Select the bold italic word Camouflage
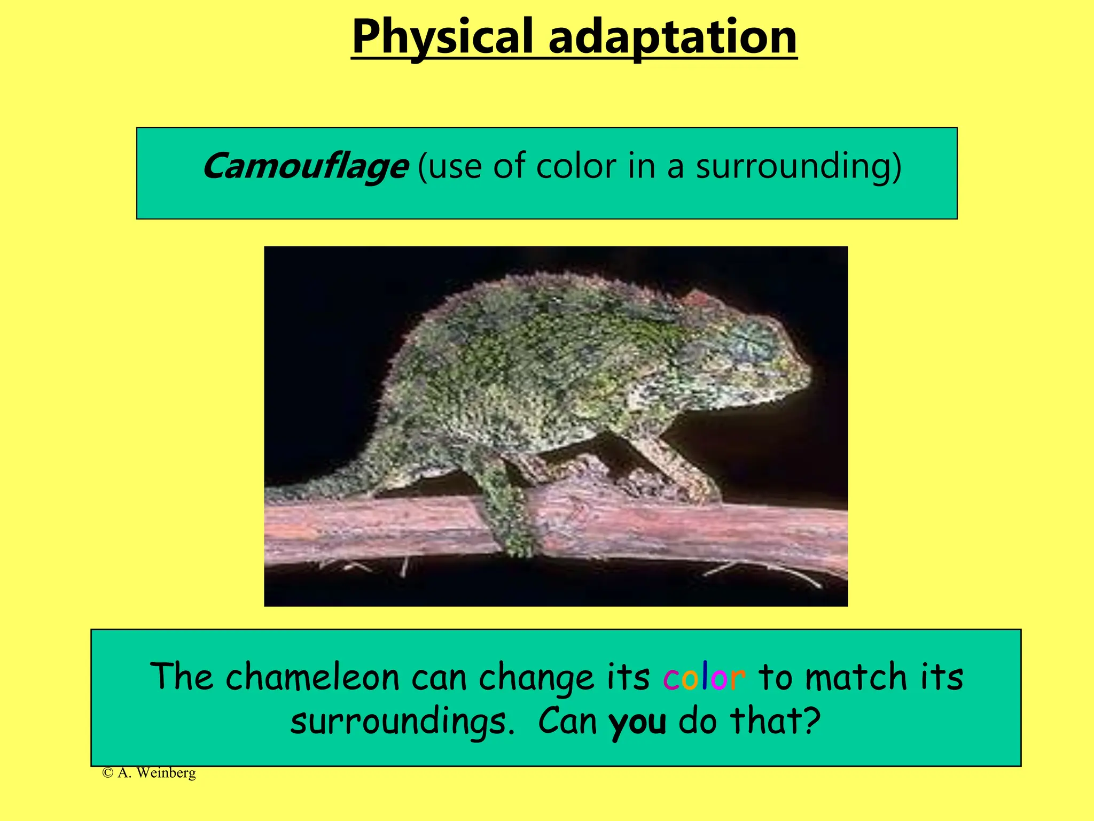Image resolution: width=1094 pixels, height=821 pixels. tap(304, 167)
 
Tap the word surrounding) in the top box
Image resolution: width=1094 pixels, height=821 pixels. tap(798, 167)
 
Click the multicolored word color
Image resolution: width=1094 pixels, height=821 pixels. tap(704, 678)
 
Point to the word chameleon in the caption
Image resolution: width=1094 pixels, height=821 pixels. tap(312, 678)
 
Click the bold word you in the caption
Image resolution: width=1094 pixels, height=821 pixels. tap(637, 722)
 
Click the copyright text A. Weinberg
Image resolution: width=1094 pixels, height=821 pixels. tap(150, 773)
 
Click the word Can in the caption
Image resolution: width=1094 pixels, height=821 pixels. tap(567, 722)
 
